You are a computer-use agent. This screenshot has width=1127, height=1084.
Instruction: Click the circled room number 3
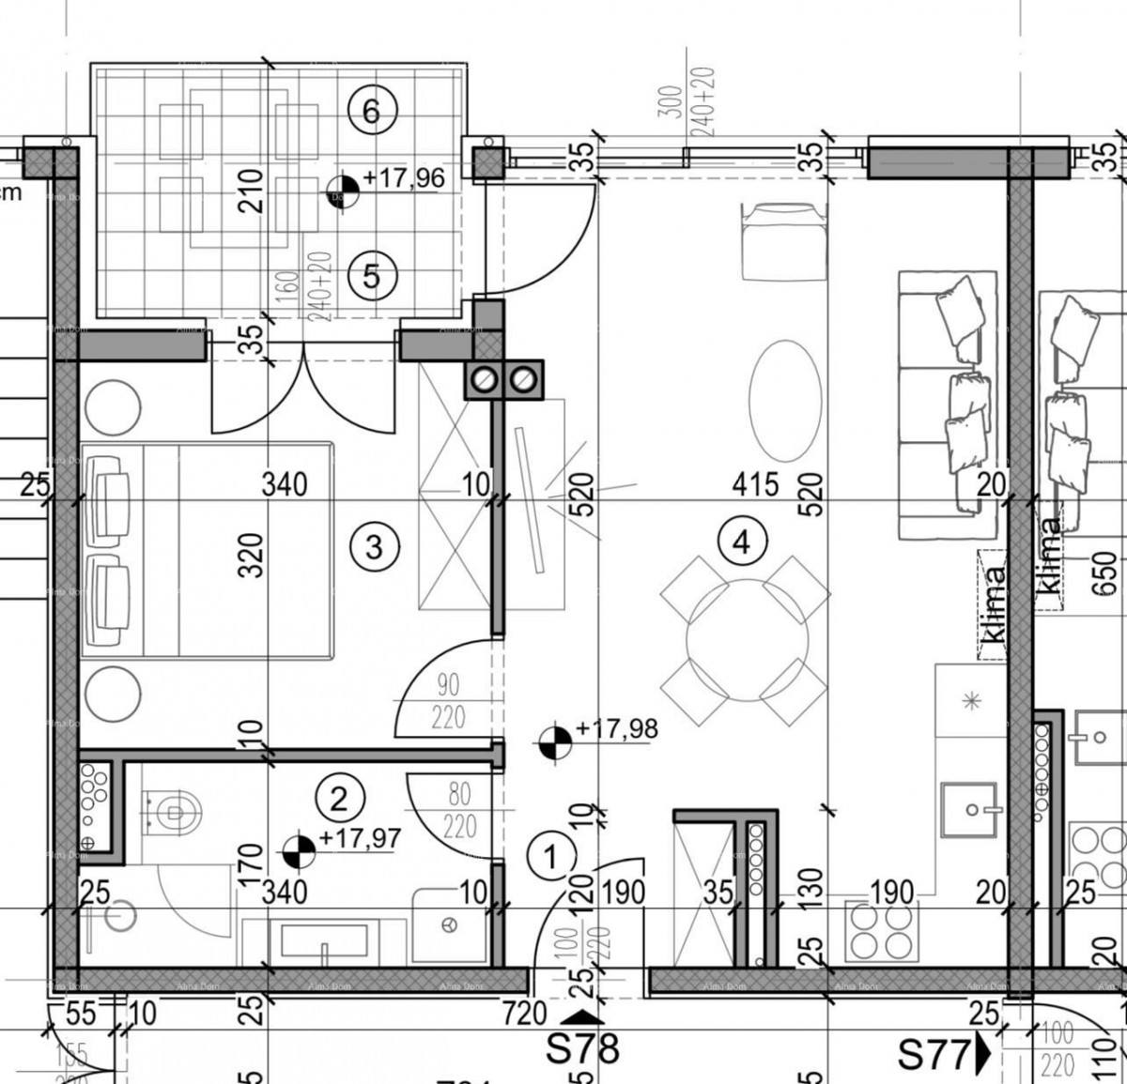tap(374, 545)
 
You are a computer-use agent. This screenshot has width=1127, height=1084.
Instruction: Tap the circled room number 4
tap(742, 542)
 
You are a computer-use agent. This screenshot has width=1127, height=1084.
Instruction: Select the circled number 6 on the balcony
tap(372, 112)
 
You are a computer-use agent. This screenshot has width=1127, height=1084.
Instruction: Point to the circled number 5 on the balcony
tap(372, 276)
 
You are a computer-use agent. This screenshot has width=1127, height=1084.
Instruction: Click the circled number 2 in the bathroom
tap(339, 799)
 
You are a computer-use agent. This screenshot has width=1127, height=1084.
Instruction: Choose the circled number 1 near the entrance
tap(551, 855)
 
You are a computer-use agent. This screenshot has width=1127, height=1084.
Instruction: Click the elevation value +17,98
tap(617, 729)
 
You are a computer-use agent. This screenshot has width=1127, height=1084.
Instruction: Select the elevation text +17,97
tap(360, 838)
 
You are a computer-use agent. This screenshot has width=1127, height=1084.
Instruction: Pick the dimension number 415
tap(756, 484)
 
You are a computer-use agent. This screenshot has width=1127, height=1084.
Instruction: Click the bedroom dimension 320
tap(253, 555)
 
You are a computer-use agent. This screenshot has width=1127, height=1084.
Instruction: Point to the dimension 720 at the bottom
tap(524, 1013)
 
